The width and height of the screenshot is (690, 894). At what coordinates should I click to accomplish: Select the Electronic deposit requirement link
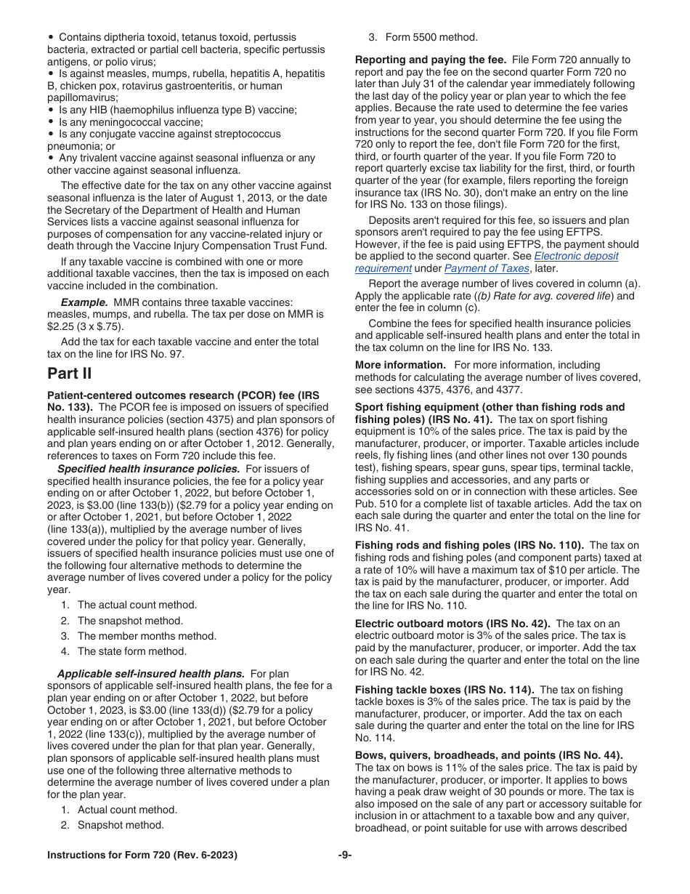click(576, 257)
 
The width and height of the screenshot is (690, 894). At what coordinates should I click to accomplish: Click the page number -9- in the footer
click(345, 855)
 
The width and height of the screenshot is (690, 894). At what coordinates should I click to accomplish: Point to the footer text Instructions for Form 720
click(142, 855)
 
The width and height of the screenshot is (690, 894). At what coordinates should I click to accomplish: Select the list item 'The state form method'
click(131, 651)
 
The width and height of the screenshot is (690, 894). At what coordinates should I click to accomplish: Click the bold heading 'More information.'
click(400, 365)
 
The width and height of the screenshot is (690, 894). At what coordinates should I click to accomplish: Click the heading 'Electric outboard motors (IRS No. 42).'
click(452, 624)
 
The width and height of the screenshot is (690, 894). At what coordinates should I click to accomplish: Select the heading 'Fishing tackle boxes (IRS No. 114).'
click(445, 690)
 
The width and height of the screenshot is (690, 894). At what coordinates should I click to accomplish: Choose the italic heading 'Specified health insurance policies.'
click(148, 469)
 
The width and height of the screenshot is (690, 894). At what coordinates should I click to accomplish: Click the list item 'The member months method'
click(137, 636)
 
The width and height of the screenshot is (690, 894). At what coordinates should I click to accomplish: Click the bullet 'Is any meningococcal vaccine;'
click(126, 122)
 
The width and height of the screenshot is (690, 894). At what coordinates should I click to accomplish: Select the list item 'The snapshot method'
click(130, 621)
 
